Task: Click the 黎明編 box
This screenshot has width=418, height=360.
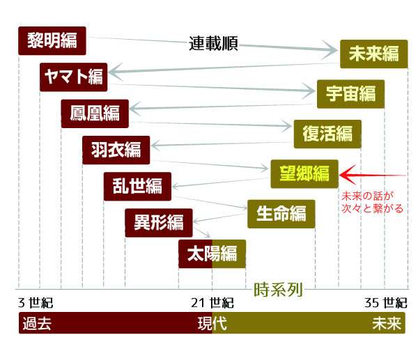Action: click(x=52, y=41)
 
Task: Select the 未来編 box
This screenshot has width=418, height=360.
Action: click(x=373, y=54)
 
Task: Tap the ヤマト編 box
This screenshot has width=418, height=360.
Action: click(x=74, y=77)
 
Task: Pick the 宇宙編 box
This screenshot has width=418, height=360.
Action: click(x=350, y=94)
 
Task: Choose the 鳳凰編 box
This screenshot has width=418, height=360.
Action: click(x=95, y=114)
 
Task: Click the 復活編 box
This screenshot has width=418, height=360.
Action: click(x=327, y=134)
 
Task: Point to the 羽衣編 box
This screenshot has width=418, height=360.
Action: click(x=116, y=150)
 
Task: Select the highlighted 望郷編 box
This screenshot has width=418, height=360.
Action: click(x=304, y=174)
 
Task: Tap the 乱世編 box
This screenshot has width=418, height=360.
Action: click(x=137, y=187)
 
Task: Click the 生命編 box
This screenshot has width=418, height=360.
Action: click(x=281, y=214)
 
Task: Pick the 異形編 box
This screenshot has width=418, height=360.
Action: click(x=159, y=223)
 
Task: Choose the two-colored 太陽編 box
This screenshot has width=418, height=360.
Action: click(x=212, y=254)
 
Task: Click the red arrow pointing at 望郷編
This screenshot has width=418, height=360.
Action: click(x=373, y=175)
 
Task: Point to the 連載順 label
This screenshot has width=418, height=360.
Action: click(x=213, y=44)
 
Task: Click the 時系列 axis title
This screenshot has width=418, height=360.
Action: click(x=278, y=290)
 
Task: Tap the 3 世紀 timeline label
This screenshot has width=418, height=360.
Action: click(x=36, y=303)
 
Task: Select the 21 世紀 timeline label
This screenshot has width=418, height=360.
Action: click(x=212, y=303)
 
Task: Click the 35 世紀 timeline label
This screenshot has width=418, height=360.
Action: click(x=386, y=303)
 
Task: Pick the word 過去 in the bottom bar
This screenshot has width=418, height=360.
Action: click(x=37, y=324)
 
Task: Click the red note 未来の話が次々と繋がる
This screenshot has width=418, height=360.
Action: click(x=373, y=203)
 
